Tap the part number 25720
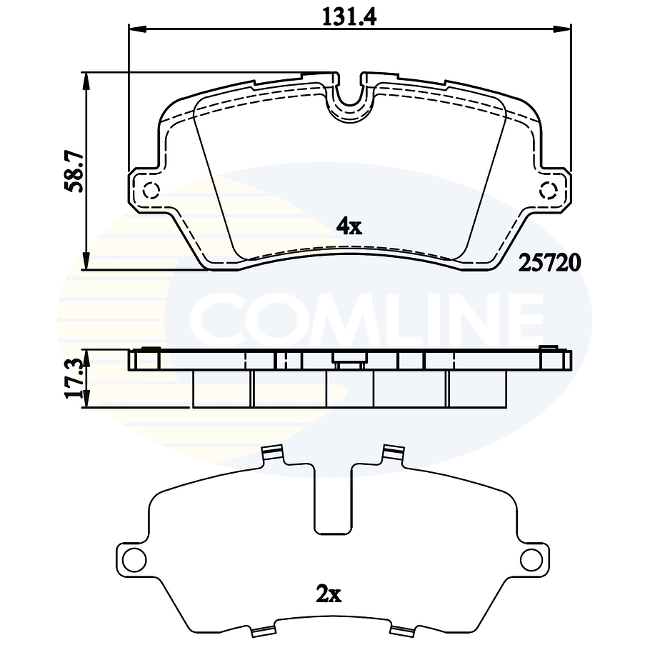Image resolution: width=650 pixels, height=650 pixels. tap(550, 262)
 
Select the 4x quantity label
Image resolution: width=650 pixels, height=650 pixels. tap(349, 226)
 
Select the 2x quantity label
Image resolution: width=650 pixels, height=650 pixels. tap(329, 593)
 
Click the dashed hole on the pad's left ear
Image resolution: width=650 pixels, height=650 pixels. tap(151, 191)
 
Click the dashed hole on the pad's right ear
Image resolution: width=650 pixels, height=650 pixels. tap(549, 191)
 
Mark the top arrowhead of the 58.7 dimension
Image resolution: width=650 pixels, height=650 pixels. tap(86, 80)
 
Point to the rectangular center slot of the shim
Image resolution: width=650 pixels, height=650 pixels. tap(333, 500)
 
